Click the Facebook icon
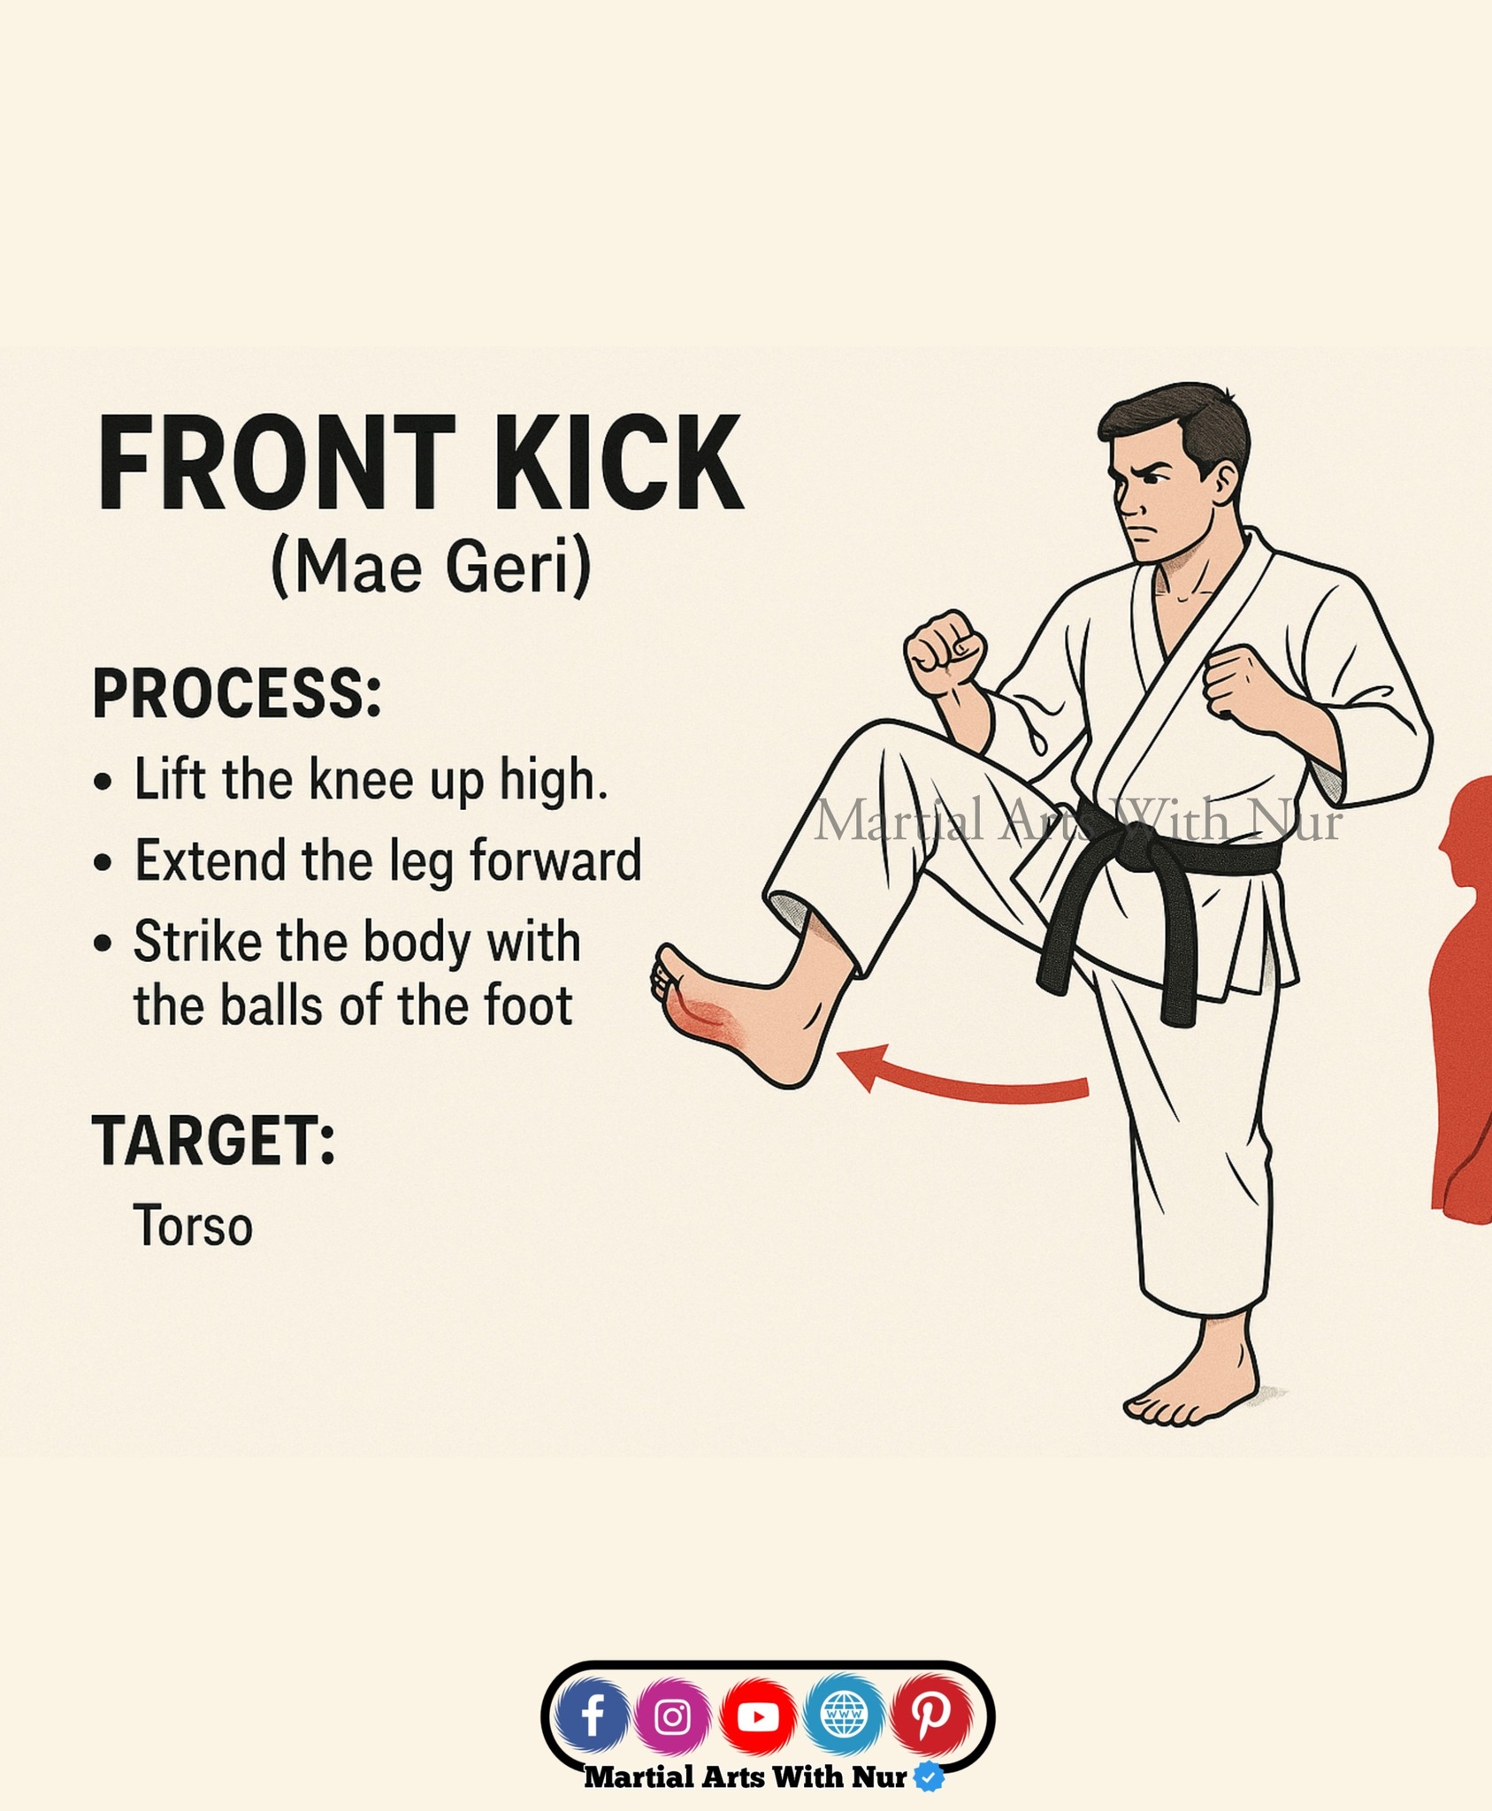click(x=593, y=1716)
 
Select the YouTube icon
click(x=758, y=1716)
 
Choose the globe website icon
click(x=843, y=1716)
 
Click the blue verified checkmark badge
click(x=928, y=1776)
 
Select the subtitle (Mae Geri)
click(x=431, y=567)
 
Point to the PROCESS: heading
click(x=237, y=694)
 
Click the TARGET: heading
click(x=214, y=1140)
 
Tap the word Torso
click(x=193, y=1226)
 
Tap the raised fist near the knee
click(x=945, y=654)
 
